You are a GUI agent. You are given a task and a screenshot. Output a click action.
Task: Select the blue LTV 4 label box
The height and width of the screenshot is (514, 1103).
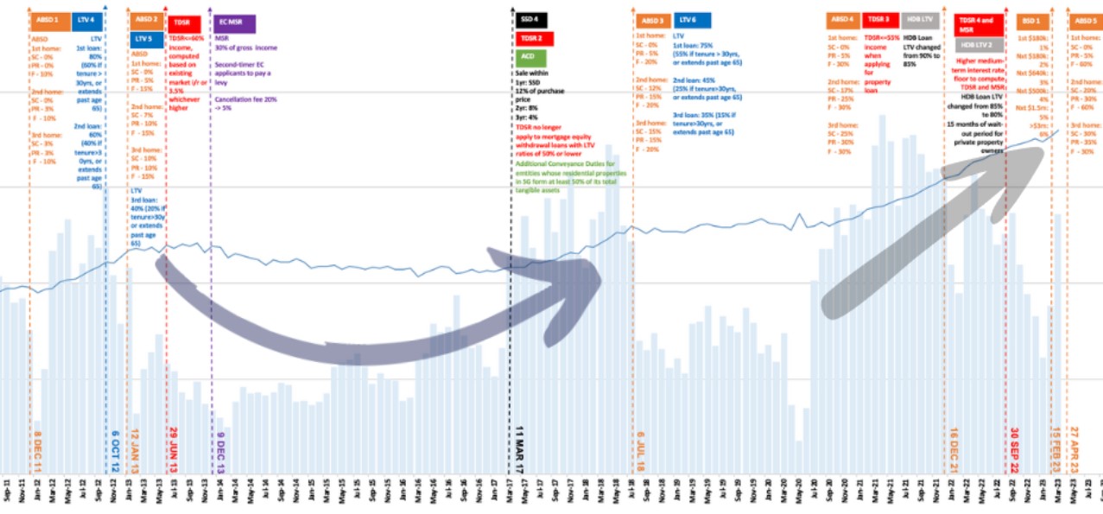(86, 19)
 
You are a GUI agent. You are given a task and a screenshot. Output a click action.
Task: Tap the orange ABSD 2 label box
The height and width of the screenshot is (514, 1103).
(145, 19)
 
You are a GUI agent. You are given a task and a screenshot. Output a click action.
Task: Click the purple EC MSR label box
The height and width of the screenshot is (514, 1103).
(231, 21)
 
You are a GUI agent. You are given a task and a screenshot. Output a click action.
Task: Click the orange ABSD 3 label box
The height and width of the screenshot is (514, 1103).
(654, 21)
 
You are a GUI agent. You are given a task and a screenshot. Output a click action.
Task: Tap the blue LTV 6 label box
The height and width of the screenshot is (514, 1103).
(692, 21)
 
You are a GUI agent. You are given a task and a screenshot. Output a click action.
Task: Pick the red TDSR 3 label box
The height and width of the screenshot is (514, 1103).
(880, 19)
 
